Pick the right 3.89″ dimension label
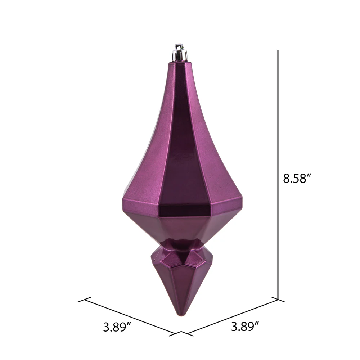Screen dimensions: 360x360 click(245, 326)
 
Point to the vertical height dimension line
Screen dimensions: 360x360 click(278, 175)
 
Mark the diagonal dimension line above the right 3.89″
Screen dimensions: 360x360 click(233, 316)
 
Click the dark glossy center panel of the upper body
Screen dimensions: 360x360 click(181, 138)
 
